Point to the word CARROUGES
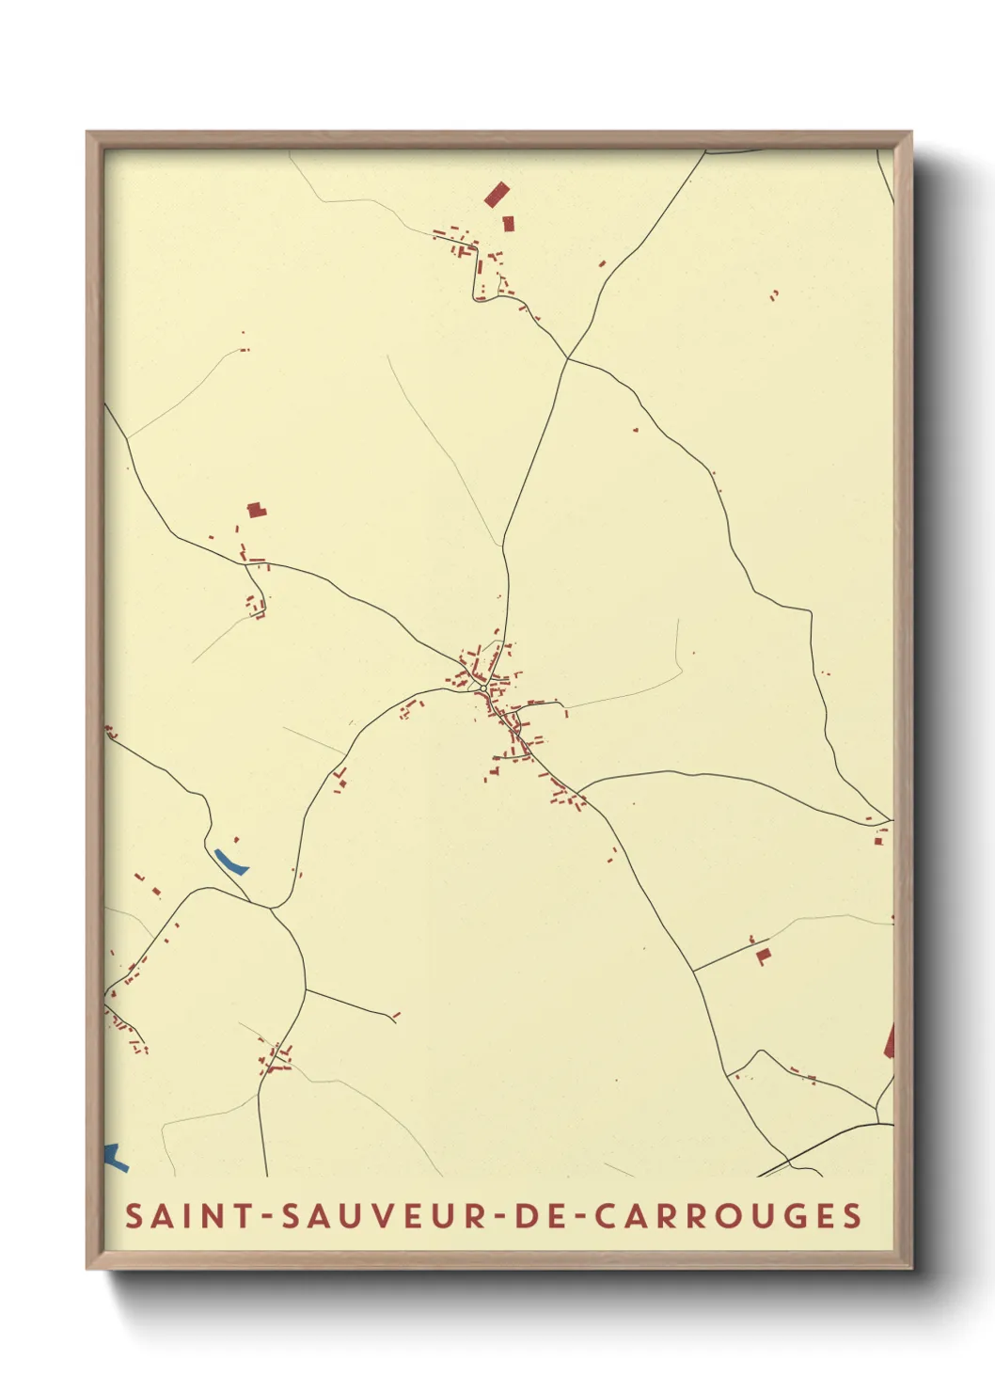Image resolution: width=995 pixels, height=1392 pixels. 728,1216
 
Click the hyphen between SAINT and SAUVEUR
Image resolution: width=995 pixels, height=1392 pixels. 267,1217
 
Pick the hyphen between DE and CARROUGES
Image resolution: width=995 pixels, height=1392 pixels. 579,1217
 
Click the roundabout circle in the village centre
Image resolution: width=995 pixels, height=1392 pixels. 482,688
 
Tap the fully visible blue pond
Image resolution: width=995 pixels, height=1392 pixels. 230,861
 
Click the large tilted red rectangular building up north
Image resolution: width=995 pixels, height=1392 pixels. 497,195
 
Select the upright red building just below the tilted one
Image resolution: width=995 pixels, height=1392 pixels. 509,224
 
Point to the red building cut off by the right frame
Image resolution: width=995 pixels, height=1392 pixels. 889,1041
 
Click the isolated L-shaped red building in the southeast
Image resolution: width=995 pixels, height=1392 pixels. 764,956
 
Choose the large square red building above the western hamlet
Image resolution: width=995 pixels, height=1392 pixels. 255,510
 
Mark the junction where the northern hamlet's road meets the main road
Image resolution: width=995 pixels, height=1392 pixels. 568,358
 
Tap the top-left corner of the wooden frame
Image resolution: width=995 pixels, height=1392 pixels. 87,133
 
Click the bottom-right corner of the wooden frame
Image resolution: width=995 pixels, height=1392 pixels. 910,1268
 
